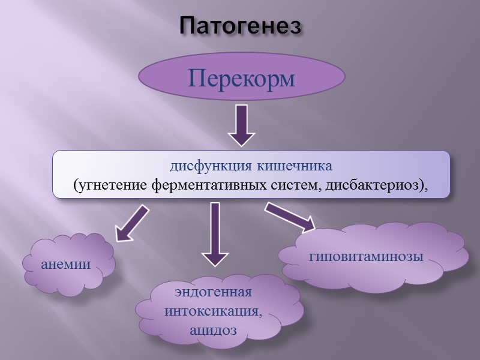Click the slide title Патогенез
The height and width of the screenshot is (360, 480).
240,26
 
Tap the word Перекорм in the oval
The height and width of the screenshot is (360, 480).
242,79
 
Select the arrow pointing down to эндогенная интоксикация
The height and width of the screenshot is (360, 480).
214,234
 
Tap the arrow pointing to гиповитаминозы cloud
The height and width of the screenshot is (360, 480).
290,216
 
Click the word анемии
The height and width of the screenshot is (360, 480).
66,264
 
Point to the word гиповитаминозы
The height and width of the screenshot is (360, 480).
367,256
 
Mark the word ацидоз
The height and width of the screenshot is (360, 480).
213,330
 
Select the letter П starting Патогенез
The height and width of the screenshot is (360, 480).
188,26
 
